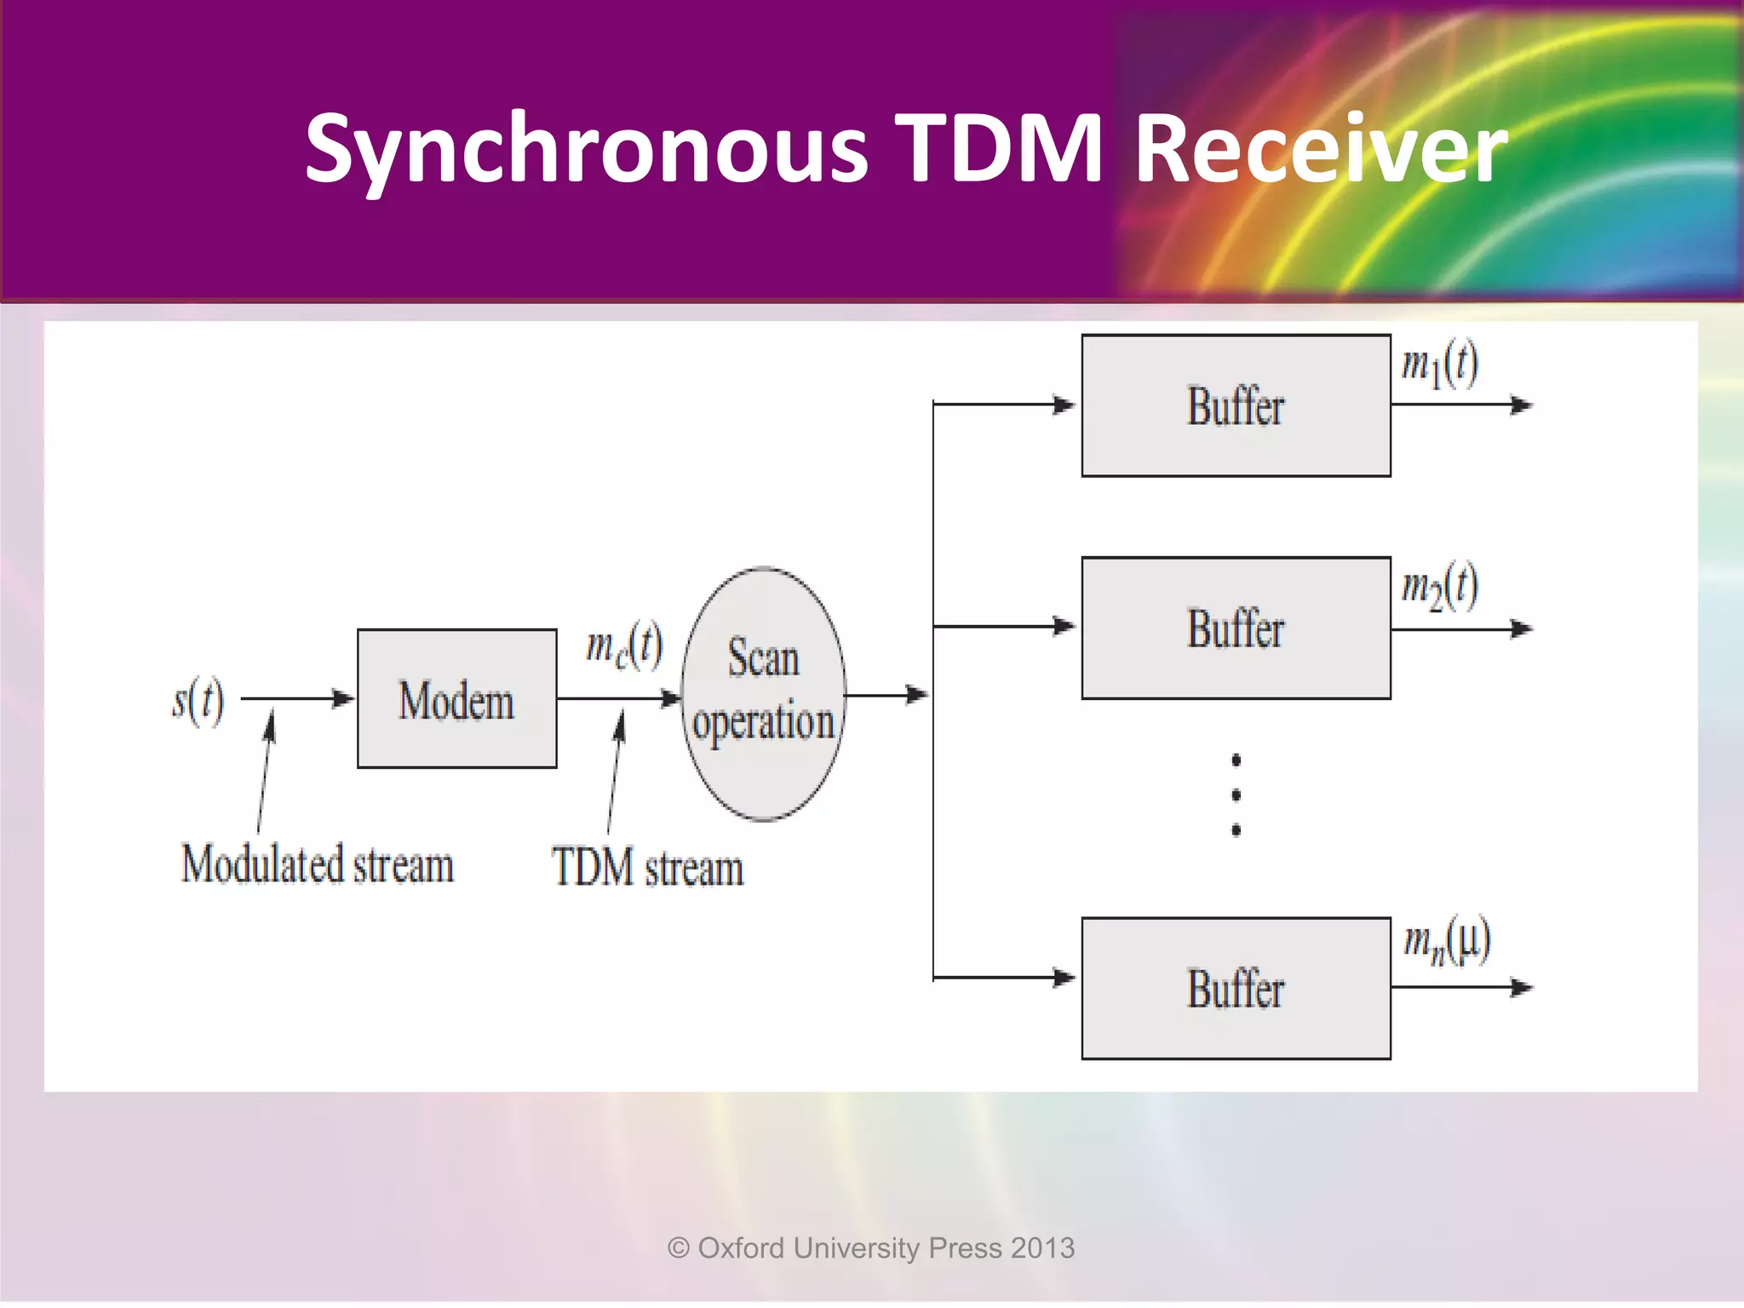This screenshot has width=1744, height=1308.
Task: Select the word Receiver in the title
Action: click(1321, 150)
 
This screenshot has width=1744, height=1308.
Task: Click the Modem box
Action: click(457, 699)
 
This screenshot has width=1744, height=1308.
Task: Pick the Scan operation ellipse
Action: click(763, 693)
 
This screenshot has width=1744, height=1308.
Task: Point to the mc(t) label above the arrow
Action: click(624, 646)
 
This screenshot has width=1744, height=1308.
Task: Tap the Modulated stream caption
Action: click(318, 864)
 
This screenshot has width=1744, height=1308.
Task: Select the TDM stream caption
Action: click(647, 868)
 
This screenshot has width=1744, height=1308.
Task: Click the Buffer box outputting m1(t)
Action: click(1236, 405)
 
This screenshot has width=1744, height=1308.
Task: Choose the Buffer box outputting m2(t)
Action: click(1236, 628)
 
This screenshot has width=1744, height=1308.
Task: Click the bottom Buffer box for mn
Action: click(1236, 989)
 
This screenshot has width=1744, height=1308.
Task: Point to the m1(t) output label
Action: click(1439, 364)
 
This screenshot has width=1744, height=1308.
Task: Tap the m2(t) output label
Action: click(1439, 587)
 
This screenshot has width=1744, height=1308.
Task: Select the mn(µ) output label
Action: click(1446, 941)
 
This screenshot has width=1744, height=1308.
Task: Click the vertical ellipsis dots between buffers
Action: click(1236, 795)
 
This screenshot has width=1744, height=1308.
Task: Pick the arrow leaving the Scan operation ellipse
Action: click(886, 695)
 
